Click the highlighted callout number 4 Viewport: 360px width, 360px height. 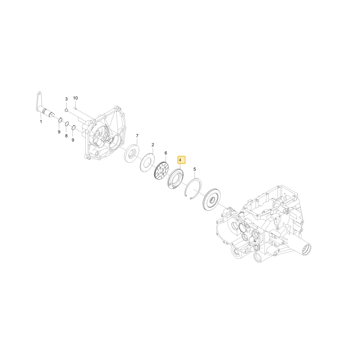point(180,159)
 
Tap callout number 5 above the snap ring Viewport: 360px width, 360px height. point(195,169)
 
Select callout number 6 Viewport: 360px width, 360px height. point(166,153)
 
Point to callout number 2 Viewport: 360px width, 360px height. point(153,145)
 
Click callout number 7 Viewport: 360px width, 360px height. point(137,135)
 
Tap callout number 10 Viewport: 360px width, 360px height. point(75,98)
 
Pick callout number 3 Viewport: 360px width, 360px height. point(66,99)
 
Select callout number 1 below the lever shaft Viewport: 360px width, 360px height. point(41,121)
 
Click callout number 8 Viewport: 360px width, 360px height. point(66,136)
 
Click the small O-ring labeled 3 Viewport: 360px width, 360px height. point(66,110)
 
